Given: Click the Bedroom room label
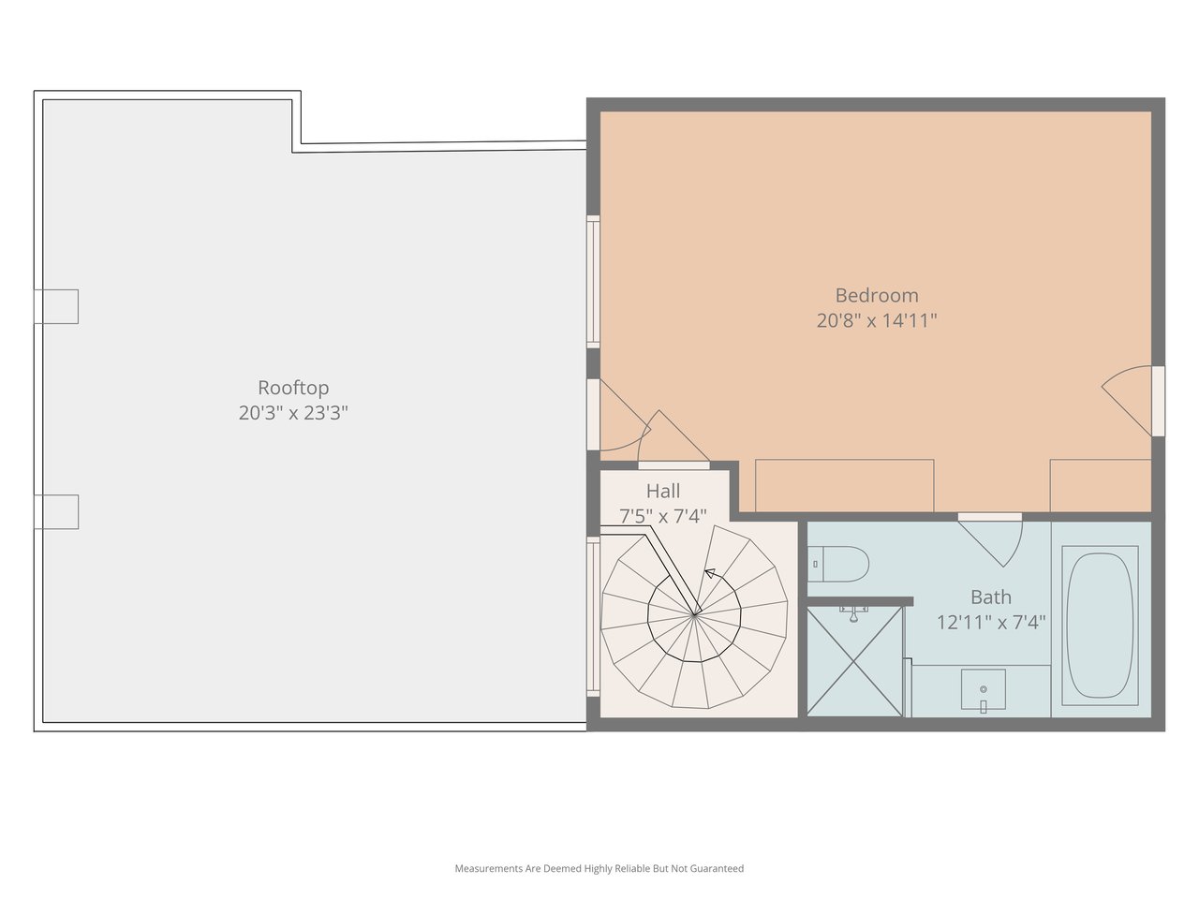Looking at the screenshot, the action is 876,295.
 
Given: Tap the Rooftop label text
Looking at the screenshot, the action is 293,388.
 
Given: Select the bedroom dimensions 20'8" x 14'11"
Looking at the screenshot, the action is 876,320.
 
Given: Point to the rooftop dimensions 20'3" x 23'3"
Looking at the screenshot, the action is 293,413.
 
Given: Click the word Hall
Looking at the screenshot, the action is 663,491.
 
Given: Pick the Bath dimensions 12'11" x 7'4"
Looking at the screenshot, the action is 991,622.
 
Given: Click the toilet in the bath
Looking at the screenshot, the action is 838,564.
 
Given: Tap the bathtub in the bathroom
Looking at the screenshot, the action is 1100,626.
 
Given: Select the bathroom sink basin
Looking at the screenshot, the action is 984,689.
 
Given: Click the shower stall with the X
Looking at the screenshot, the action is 854,661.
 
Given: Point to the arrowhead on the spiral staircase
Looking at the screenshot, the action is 710,573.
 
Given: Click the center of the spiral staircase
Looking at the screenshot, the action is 694,615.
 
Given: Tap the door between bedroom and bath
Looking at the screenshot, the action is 990,540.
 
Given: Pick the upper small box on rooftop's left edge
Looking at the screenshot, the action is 56,306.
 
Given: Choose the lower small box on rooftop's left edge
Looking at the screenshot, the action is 56,511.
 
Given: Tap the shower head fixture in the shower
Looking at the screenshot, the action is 853,613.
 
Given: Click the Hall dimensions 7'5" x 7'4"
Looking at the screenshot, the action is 663,516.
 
